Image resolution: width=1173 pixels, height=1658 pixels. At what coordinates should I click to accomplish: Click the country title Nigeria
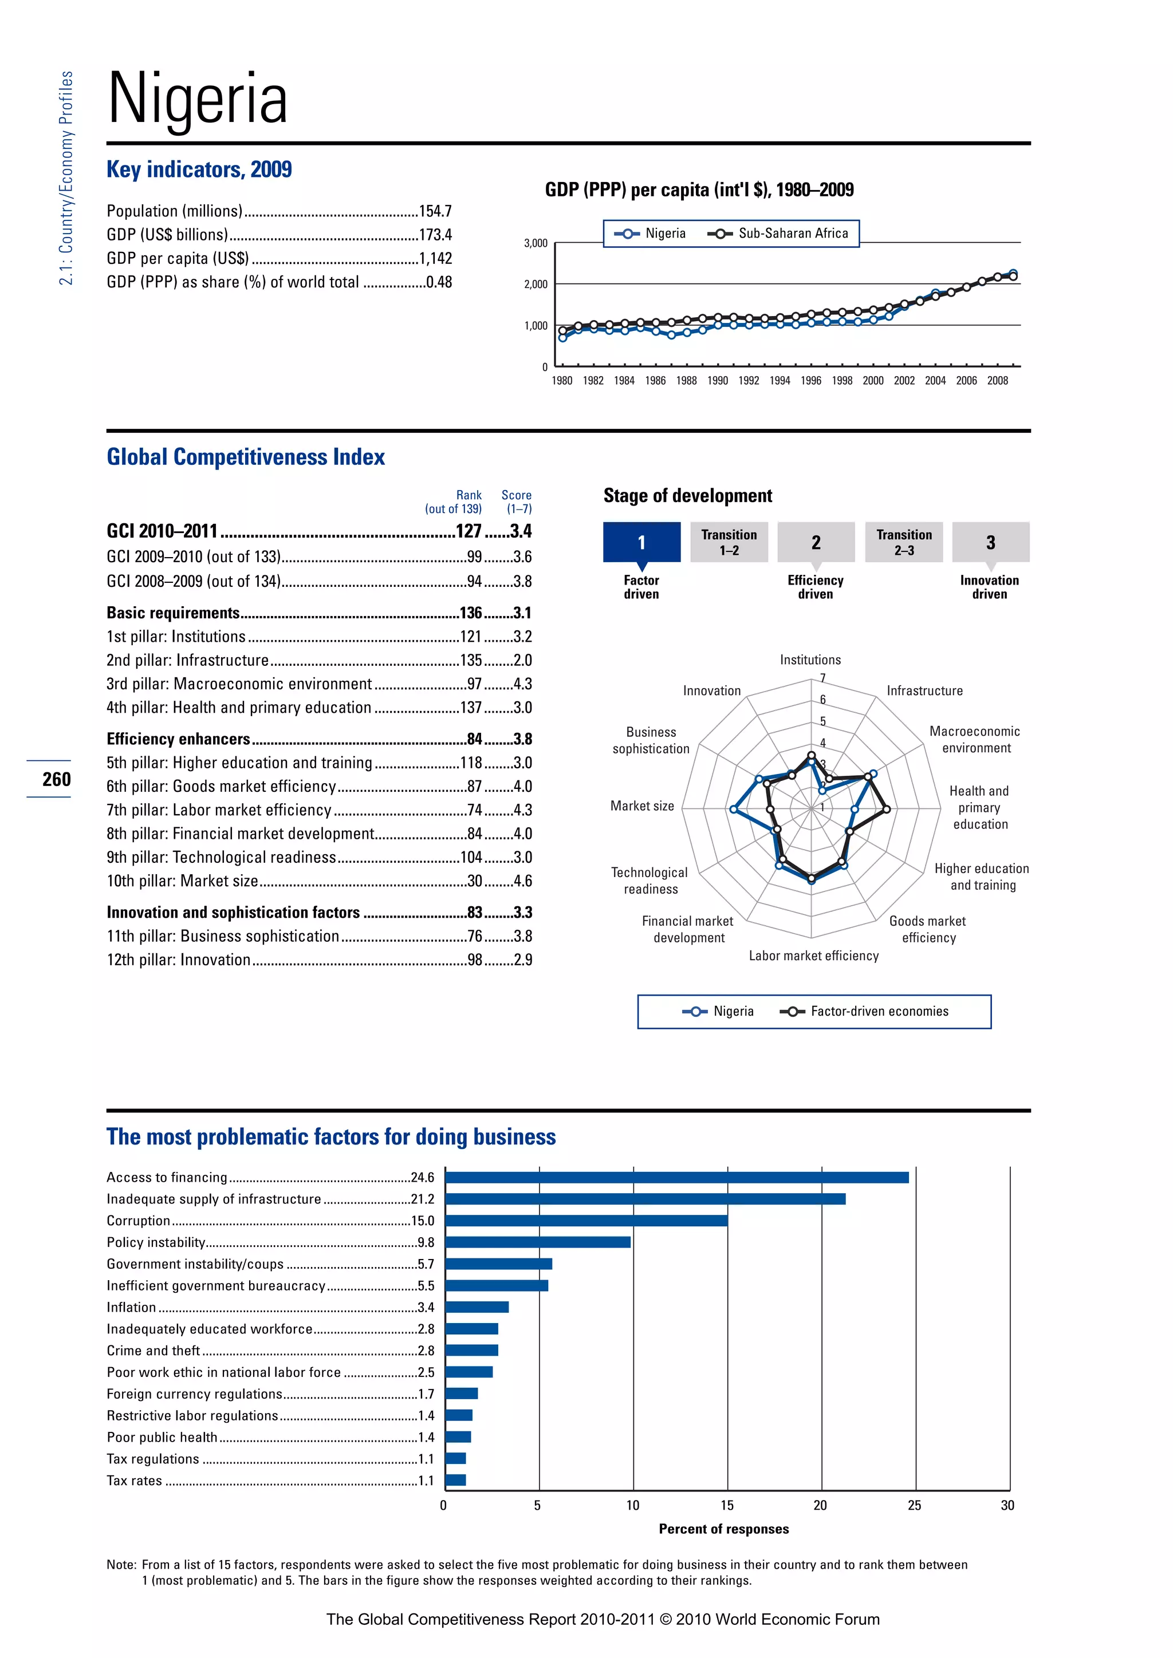197,99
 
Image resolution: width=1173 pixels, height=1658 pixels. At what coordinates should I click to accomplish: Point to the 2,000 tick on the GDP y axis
536,285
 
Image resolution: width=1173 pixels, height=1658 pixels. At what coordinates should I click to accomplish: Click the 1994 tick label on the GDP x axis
780,381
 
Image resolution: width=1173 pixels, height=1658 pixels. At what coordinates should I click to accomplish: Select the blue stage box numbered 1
641,542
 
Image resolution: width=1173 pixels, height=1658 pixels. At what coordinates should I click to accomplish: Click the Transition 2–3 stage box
904,542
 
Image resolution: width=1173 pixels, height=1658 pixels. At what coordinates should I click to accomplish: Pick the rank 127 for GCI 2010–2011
468,531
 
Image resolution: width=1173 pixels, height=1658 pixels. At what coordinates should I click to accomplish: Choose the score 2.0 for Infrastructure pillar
522,661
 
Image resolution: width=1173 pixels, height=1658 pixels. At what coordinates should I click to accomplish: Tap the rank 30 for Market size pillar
475,881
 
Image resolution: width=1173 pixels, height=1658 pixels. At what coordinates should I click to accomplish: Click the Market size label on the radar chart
641,806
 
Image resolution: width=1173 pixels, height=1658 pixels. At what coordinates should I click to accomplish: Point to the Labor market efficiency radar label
813,956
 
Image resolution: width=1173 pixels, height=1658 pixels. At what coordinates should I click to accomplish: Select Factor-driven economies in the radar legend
879,1012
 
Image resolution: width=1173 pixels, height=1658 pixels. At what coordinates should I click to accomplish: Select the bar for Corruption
586,1221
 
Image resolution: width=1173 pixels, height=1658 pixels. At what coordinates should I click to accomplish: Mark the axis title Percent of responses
724,1529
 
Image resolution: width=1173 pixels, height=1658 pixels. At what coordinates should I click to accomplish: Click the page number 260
56,779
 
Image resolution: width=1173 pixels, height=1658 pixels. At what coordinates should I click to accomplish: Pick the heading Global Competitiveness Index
246,457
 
